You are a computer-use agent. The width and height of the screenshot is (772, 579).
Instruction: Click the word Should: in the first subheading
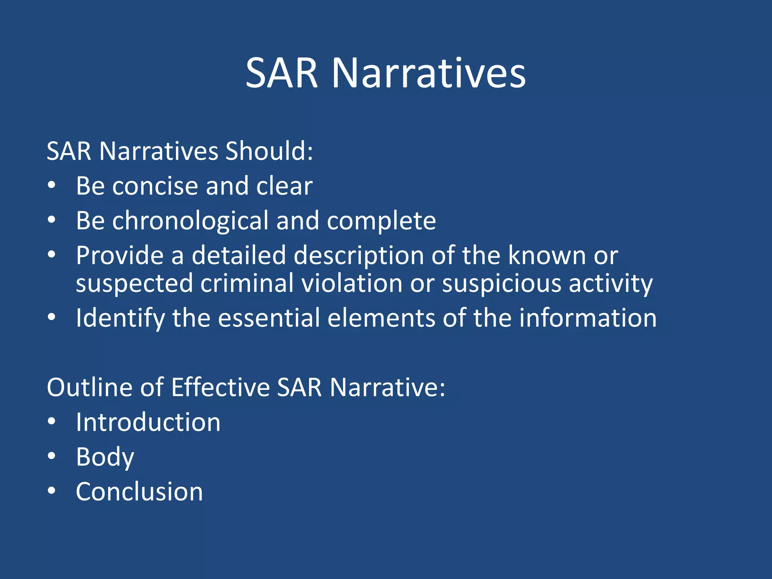pyautogui.click(x=269, y=151)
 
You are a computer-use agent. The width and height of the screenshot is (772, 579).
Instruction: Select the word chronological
pyautogui.click(x=190, y=221)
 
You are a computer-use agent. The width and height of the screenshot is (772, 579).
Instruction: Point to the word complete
pyautogui.click(x=381, y=221)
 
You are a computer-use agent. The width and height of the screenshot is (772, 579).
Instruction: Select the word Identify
pyautogui.click(x=120, y=319)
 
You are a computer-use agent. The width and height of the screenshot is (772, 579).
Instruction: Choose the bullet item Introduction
pyautogui.click(x=148, y=422)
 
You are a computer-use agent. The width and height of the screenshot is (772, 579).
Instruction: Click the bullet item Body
pyautogui.click(x=105, y=457)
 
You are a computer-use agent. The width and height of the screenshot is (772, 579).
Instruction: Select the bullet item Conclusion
pyautogui.click(x=139, y=492)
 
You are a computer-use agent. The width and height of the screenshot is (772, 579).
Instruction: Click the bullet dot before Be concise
pyautogui.click(x=52, y=185)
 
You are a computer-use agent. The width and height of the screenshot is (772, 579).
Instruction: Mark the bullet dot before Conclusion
pyautogui.click(x=52, y=491)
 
